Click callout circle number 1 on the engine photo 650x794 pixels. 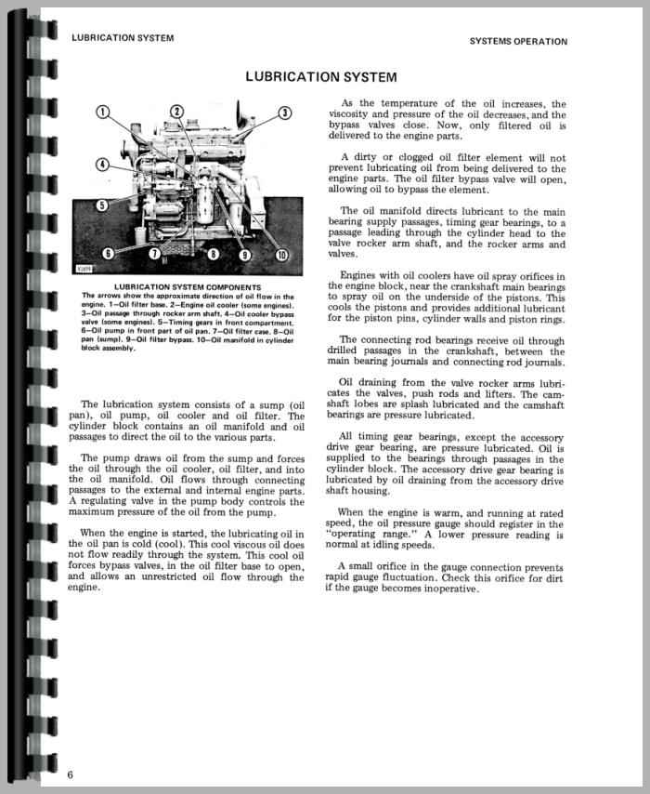[104, 113]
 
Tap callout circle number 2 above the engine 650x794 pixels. [176, 113]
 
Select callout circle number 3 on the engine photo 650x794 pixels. [285, 113]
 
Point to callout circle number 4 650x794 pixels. [101, 165]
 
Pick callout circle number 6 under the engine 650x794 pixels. [109, 253]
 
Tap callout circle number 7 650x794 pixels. [155, 253]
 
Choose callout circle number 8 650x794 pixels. [214, 254]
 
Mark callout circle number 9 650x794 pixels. [245, 254]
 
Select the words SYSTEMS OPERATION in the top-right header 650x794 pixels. [518, 42]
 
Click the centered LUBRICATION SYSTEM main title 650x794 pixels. [320, 77]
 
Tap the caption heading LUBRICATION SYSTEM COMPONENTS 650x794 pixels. [187, 287]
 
